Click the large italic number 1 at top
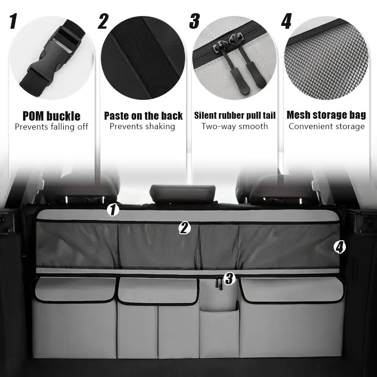(x=14, y=21)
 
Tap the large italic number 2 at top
(x=103, y=21)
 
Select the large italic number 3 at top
(x=195, y=21)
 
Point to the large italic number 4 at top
(x=287, y=21)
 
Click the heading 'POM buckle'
(x=51, y=116)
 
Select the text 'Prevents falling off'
(x=51, y=127)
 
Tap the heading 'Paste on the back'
(x=143, y=116)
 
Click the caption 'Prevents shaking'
(x=142, y=126)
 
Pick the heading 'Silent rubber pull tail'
(x=235, y=115)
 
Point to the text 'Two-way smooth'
(x=235, y=126)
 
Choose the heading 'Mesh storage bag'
(x=326, y=115)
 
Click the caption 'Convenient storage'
(x=327, y=126)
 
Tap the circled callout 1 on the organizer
(x=113, y=210)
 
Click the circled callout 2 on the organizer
(x=184, y=228)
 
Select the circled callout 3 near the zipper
(x=229, y=279)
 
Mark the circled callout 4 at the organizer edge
(x=340, y=247)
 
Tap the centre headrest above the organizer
(x=182, y=193)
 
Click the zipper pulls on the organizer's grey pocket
(x=219, y=282)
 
